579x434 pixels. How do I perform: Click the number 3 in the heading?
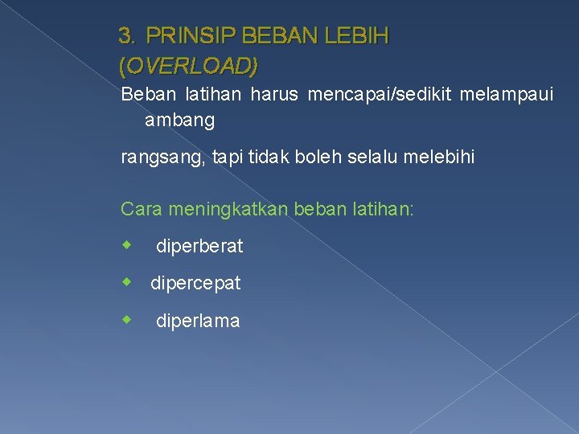(125, 36)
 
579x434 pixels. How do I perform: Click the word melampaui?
(506, 95)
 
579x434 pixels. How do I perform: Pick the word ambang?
(180, 121)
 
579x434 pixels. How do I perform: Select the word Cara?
(140, 209)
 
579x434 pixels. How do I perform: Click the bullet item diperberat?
(199, 247)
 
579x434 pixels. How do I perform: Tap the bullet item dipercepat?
(195, 284)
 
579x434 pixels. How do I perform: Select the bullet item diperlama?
(197, 321)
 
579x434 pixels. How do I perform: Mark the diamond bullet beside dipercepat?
(126, 282)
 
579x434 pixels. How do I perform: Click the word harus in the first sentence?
(273, 95)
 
